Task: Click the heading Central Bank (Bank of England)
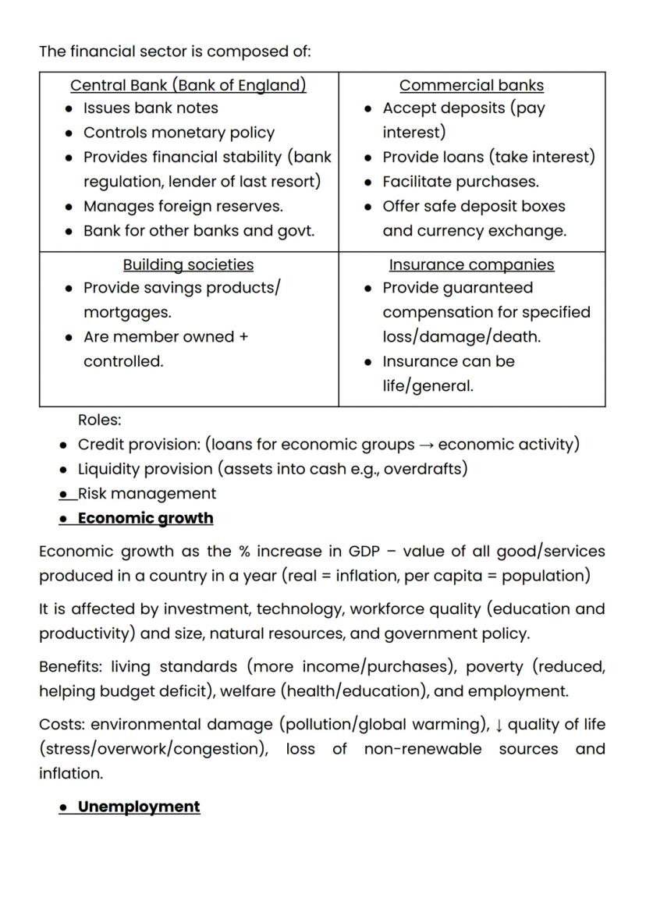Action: (x=188, y=85)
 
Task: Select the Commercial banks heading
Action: (x=471, y=85)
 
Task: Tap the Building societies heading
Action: (x=188, y=264)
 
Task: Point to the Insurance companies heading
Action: (x=471, y=264)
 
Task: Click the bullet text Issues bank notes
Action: (x=151, y=108)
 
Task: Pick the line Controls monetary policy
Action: (x=179, y=133)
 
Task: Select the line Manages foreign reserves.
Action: (x=183, y=206)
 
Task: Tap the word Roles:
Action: (x=100, y=420)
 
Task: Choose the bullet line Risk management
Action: (x=147, y=493)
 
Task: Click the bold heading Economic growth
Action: (x=145, y=518)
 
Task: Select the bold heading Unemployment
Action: (x=139, y=807)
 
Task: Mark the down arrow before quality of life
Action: (x=499, y=725)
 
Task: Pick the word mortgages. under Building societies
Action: (x=127, y=313)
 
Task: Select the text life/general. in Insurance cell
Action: (x=428, y=386)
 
